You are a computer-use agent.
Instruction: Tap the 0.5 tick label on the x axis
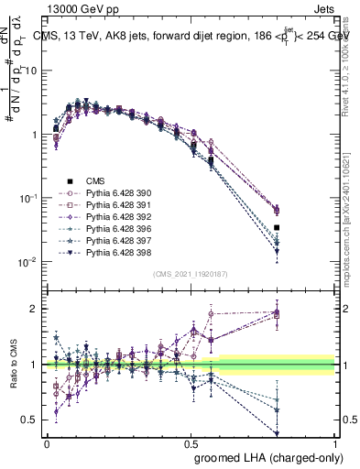191,442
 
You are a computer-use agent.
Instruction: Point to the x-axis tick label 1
334,442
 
